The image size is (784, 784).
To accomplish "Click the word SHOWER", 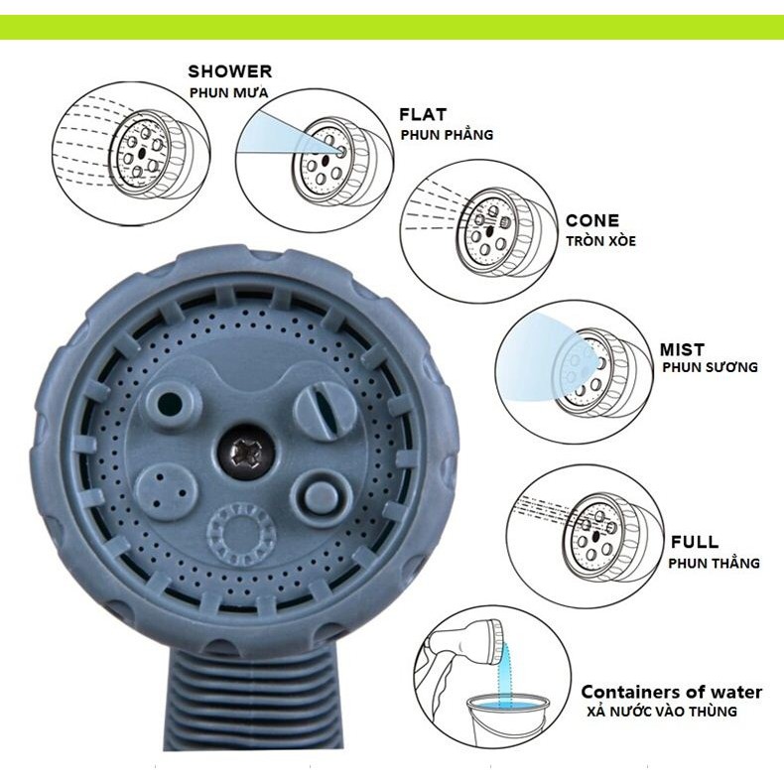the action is tap(230, 71).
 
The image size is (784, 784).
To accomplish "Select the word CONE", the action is tap(592, 220).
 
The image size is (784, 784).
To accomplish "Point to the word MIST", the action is tap(682, 349).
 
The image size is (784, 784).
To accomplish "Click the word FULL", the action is tap(695, 542).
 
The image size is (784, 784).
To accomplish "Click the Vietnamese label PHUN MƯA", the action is tap(228, 92).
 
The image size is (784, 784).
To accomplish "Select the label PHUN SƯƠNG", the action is tap(710, 367).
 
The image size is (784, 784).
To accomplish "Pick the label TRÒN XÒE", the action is tap(601, 240).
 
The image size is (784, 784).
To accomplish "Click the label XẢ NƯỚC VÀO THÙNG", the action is tap(662, 711).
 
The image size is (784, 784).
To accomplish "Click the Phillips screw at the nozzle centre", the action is tap(245, 454).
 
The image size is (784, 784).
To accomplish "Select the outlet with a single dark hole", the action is tap(170, 403).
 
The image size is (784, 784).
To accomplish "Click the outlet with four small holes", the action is tap(168, 492).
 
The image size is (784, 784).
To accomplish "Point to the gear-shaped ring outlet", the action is tap(241, 535).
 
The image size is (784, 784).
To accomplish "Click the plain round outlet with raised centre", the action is tap(321, 495).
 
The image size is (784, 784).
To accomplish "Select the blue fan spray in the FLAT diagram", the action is tap(285, 134).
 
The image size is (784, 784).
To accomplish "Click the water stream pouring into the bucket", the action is tap(504, 673).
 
